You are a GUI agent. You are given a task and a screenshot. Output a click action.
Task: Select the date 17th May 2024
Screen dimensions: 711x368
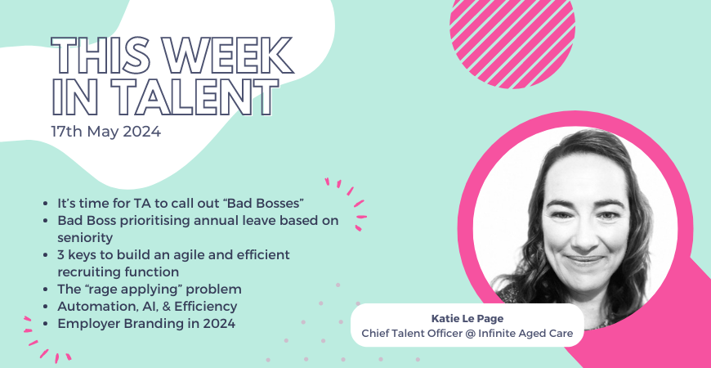click(105, 132)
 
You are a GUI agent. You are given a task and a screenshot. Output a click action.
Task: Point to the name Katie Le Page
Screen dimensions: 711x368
click(467, 319)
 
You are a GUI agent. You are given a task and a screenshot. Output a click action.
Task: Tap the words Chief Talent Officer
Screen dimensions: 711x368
click(410, 333)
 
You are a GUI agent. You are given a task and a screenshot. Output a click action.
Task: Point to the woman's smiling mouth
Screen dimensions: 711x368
click(586, 260)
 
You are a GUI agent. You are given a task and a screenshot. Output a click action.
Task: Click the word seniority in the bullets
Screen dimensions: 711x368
click(85, 237)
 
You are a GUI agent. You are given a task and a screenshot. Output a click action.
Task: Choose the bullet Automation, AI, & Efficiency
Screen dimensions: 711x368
click(147, 307)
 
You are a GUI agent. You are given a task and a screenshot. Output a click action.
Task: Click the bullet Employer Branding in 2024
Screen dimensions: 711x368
click(146, 324)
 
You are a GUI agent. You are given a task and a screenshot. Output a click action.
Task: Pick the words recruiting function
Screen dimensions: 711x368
click(118, 272)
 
